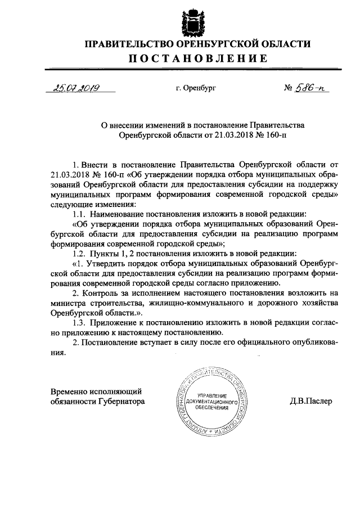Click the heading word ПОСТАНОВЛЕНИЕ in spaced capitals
197,58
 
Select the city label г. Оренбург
196,88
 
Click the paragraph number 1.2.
79,253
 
